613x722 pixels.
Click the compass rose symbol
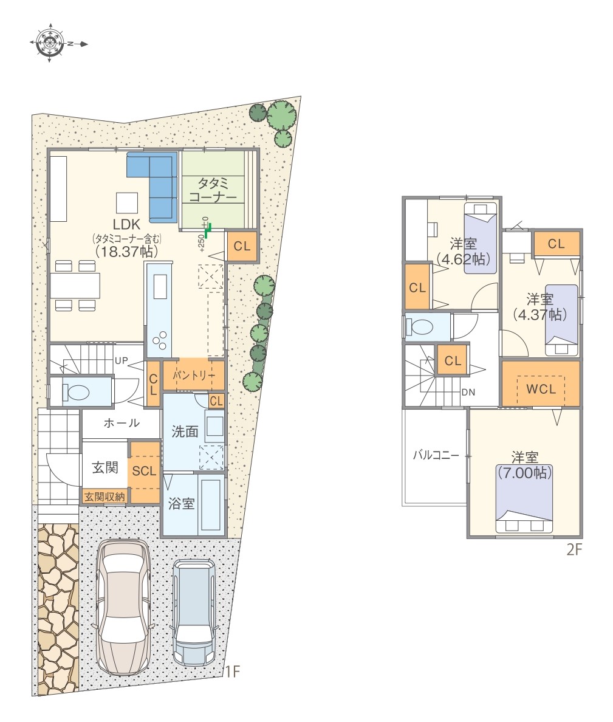point(49,43)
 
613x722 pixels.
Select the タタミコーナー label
point(213,190)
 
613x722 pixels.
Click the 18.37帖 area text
point(126,251)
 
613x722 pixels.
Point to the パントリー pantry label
point(194,375)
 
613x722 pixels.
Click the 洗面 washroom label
point(185,431)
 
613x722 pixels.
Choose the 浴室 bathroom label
point(181,503)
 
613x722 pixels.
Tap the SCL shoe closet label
point(144,471)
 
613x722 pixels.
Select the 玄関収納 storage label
point(104,497)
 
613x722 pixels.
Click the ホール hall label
point(121,423)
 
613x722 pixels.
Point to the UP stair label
point(121,360)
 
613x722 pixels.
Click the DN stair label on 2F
point(468,393)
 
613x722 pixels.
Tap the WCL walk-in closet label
point(541,389)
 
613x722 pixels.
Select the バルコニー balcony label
point(436,455)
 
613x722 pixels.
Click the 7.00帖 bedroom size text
point(524,472)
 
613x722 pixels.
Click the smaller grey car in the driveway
point(194,613)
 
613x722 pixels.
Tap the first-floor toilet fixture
point(75,392)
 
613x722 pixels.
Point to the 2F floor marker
point(574,549)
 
